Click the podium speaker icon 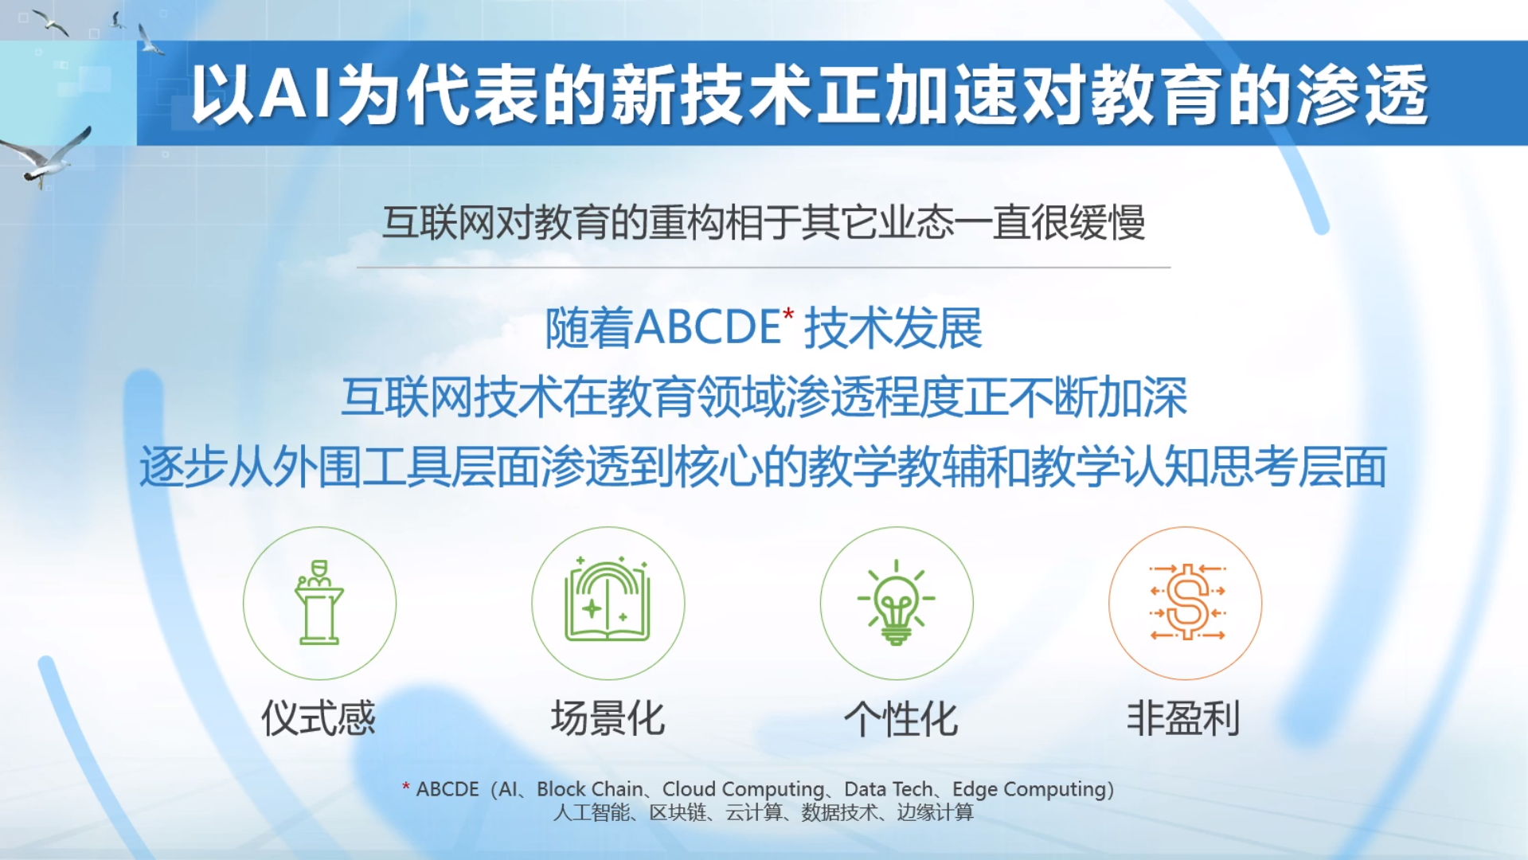coord(319,602)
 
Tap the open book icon coord(608,600)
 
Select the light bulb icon coord(896,602)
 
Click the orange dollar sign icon coord(1187,601)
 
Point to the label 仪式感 coord(318,718)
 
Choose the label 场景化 coord(608,718)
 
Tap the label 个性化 coord(901,718)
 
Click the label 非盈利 coord(1183,718)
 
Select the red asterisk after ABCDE coord(788,314)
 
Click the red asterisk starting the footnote coord(406,787)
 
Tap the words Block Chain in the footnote coord(590,789)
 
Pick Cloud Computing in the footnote coord(743,789)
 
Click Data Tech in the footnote coord(888,789)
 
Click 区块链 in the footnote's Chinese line coord(678,812)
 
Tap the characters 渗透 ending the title coord(1362,95)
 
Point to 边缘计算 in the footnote coord(935,812)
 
